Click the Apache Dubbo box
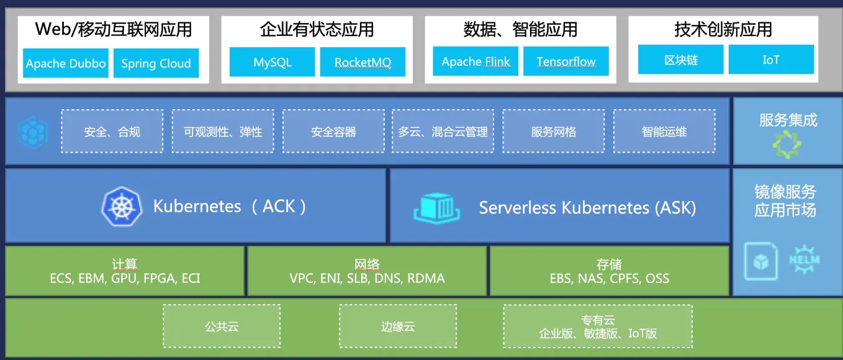66,63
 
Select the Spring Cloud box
156,63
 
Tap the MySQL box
272,62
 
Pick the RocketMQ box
363,62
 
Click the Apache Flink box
476,61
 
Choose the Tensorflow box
566,61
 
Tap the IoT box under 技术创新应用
770,60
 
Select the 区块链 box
680,60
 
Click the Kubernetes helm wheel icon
122,206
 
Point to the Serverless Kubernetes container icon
438,207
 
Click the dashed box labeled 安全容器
333,131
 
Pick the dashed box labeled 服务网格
553,131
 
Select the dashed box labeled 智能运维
664,131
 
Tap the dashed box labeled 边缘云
398,326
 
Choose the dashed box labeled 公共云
222,326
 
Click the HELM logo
804,260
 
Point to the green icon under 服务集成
788,143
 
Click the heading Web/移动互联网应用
114,29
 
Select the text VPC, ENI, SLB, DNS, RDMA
367,278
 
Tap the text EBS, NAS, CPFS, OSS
609,278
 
